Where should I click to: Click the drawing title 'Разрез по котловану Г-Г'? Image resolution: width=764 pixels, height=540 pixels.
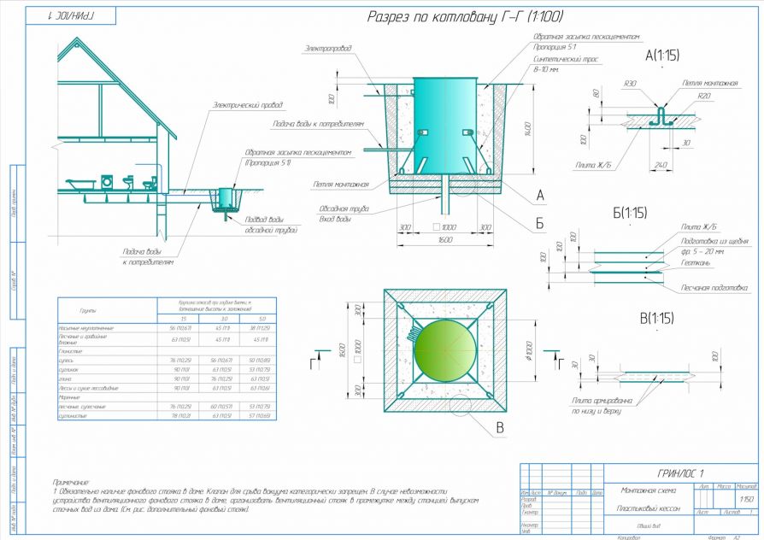[465, 17]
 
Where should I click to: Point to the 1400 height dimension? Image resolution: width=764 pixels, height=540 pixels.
[531, 128]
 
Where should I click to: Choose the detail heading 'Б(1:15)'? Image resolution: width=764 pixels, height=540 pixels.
[629, 212]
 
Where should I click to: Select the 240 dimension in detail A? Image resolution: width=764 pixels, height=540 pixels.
[660, 165]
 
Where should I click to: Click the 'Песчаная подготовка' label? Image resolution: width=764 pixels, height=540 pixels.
[714, 288]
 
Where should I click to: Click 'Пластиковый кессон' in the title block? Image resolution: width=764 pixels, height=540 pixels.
[644, 508]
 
